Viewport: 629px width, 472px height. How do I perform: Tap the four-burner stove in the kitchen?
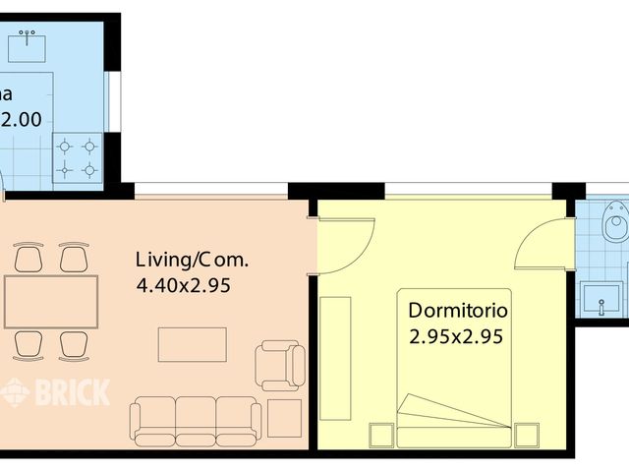point(78,157)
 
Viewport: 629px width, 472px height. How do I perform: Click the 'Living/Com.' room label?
point(192,261)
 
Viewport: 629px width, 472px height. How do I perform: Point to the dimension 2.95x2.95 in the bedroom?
point(456,336)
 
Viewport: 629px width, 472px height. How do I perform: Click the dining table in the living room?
point(50,302)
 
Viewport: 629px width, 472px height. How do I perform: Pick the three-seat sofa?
point(197,419)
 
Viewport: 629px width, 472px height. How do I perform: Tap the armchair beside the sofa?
point(280,365)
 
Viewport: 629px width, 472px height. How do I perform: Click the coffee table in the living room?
point(193,344)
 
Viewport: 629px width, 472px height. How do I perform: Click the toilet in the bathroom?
point(616,220)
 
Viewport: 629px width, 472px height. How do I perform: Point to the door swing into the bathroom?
point(545,244)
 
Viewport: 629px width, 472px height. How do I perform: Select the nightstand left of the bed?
point(381,434)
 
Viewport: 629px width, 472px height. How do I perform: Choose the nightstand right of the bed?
point(527,434)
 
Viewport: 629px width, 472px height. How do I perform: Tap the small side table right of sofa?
point(285,418)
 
